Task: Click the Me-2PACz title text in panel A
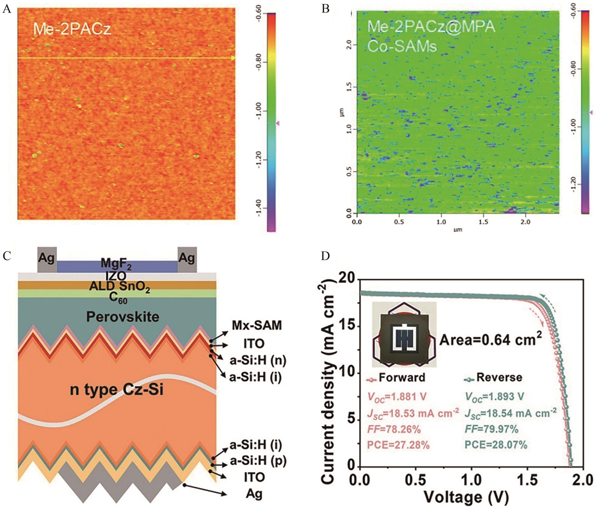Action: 72,29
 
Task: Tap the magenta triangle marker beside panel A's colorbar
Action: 278,123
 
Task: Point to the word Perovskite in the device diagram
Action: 123,317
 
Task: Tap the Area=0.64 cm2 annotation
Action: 490,340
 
